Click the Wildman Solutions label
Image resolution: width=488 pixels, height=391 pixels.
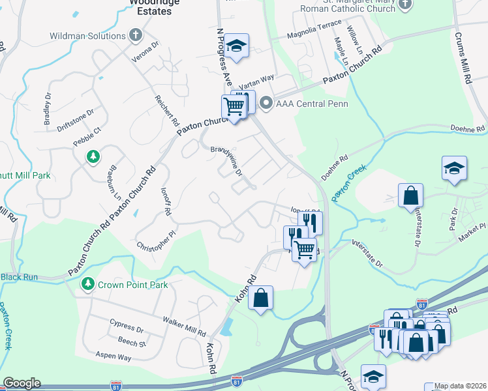click(96, 35)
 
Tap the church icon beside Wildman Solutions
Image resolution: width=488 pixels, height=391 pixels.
click(136, 35)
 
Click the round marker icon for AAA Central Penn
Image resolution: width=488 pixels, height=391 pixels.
click(266, 104)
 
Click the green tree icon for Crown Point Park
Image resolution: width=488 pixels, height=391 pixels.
click(87, 285)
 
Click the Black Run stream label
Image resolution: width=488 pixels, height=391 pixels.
click(19, 277)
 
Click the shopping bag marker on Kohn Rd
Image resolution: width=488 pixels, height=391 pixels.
click(260, 298)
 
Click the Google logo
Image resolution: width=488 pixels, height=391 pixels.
click(22, 383)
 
